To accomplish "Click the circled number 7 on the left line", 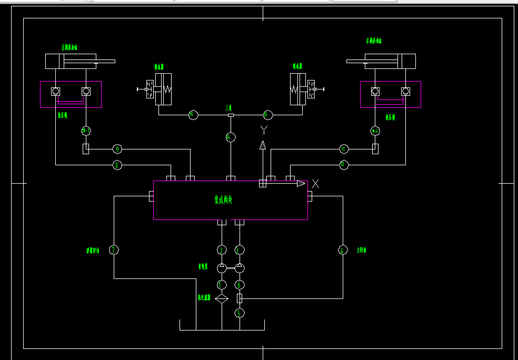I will coord(113,249).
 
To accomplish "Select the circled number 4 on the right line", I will coord(343,250).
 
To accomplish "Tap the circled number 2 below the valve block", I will coord(222,249).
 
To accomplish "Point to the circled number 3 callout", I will coord(240,249).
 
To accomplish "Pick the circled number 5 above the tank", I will coord(240,313).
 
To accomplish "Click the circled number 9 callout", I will coord(117,149).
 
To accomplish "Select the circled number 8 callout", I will coord(117,165).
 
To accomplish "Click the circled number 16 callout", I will coord(193,115).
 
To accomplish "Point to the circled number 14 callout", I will coord(230,137).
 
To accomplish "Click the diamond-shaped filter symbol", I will coord(222,298).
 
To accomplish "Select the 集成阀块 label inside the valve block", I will coord(223,200).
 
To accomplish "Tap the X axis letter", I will coord(315,183).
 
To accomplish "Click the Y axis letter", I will coord(264,128).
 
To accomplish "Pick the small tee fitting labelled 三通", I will coord(230,115).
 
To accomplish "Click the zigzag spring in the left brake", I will coord(168,89).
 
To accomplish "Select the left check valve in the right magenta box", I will coord(375,91).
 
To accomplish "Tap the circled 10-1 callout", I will coord(86,131).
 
